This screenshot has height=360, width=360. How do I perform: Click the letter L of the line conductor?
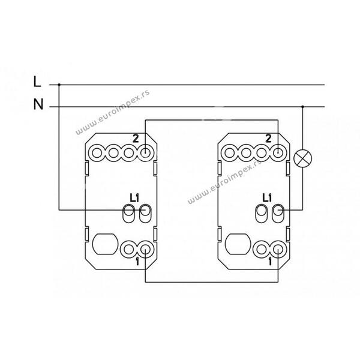click(37, 82)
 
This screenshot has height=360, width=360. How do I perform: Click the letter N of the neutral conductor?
click(38, 104)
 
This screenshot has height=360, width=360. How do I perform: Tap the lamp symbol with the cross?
click(303, 158)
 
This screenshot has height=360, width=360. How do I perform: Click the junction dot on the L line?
click(59, 85)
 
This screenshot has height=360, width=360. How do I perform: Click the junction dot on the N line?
click(302, 107)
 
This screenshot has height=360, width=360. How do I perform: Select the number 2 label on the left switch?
click(136, 139)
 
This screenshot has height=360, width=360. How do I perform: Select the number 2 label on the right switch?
click(268, 139)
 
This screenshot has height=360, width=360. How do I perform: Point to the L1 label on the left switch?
click(134, 198)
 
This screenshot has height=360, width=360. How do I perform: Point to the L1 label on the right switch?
click(267, 198)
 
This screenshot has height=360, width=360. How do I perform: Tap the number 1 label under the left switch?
click(137, 262)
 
